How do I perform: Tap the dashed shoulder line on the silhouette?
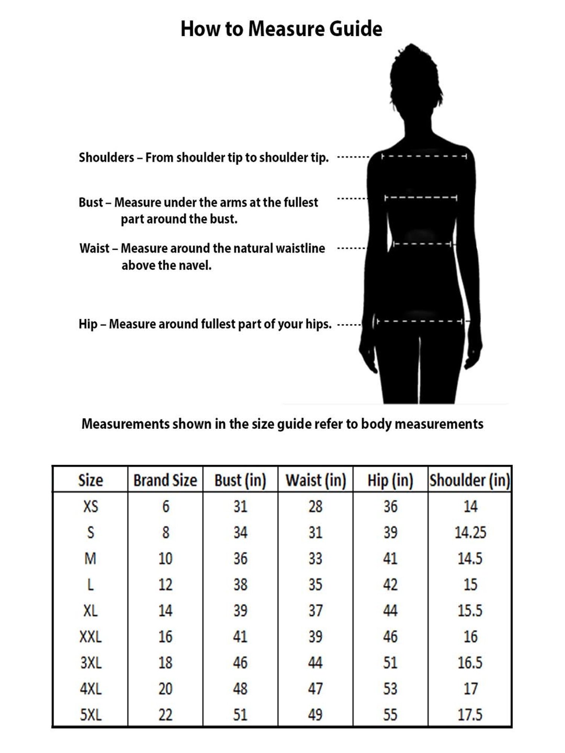424,156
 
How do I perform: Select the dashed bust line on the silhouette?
421,198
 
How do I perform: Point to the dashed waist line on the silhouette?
422,244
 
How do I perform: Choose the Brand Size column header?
165,480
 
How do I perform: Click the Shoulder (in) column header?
470,480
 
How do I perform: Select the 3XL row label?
91,663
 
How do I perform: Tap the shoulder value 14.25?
470,532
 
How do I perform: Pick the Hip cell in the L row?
390,584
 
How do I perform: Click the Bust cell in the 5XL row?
240,715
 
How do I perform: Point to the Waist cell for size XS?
315,506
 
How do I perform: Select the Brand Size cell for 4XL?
165,689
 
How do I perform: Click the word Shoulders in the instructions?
106,157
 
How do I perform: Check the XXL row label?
91,637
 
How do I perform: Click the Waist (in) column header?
316,480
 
